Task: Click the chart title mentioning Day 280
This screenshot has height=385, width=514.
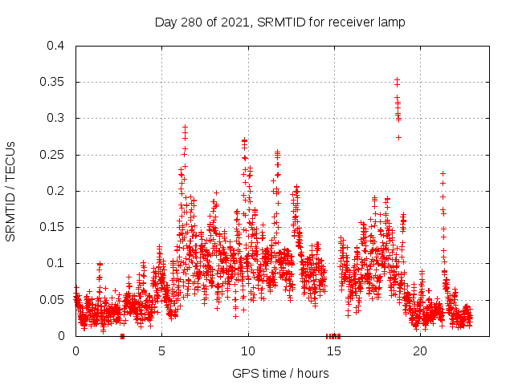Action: (x=279, y=22)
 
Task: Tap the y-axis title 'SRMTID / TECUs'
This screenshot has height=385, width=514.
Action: (x=11, y=191)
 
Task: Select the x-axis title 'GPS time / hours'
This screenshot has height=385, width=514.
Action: (x=279, y=373)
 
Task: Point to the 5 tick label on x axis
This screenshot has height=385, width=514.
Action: (x=161, y=351)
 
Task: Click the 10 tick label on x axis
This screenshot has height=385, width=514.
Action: (x=248, y=351)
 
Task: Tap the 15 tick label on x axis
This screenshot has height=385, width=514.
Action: (x=334, y=351)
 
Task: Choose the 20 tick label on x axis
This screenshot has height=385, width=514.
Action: (x=420, y=351)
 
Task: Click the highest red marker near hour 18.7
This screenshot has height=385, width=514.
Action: (x=397, y=80)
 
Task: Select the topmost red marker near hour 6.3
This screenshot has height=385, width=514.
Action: (x=185, y=127)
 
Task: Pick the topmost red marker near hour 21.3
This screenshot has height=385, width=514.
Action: (x=443, y=173)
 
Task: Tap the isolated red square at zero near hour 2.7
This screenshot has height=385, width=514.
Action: (x=122, y=336)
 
